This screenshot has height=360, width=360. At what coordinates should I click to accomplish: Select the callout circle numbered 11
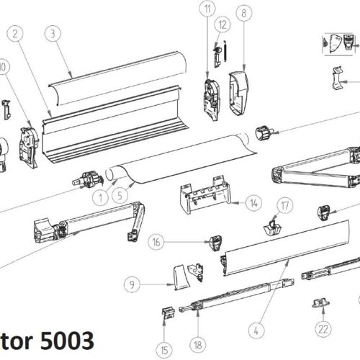click(208, 9)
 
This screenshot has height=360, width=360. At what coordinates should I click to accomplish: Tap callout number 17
click(286, 206)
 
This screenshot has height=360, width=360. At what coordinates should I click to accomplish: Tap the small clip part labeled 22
click(317, 305)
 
